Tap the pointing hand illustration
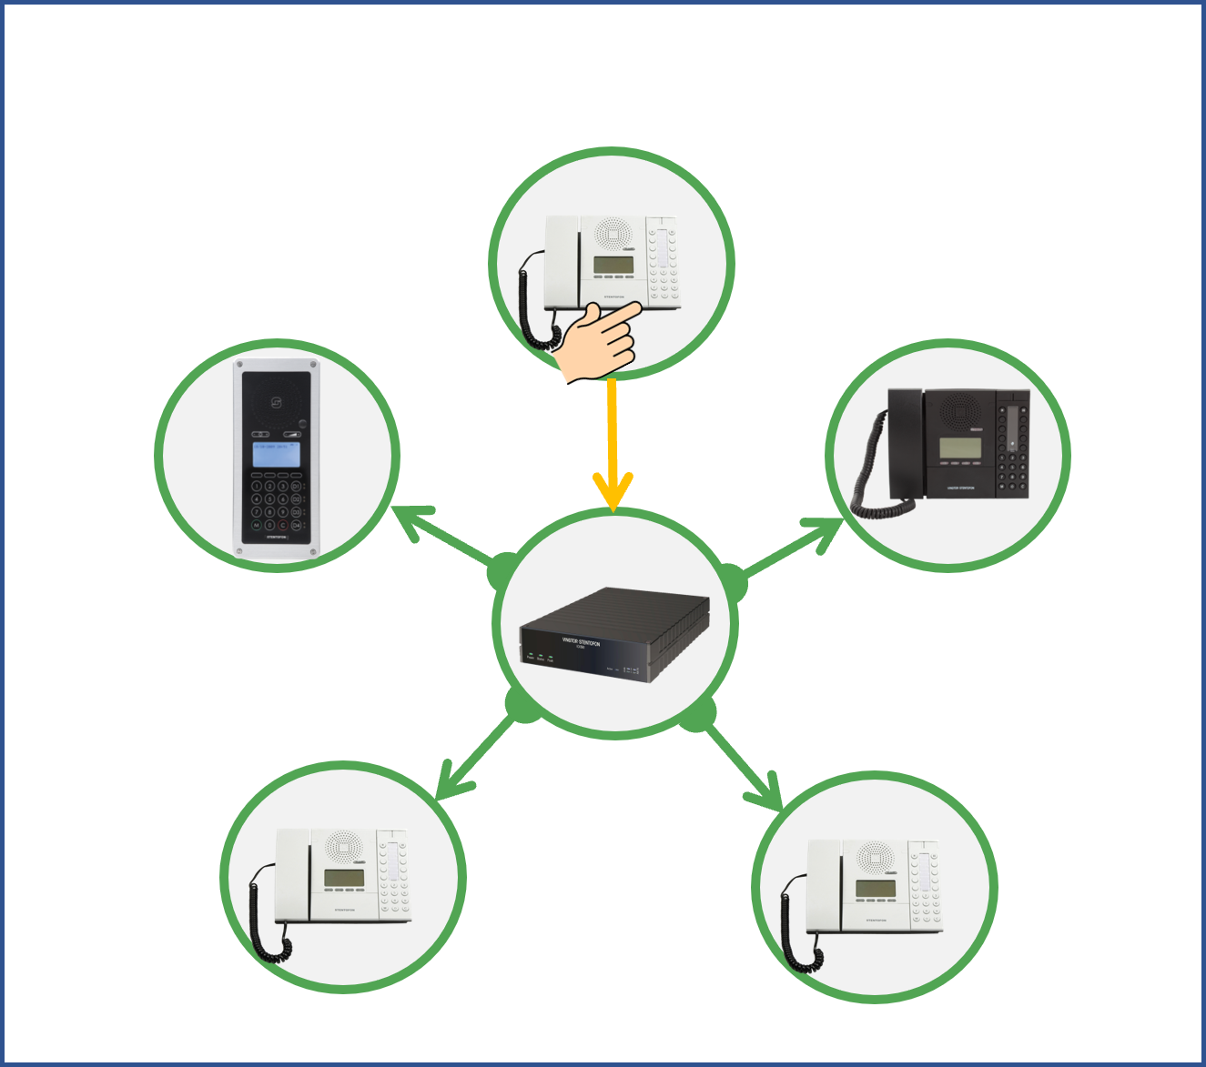(x=599, y=345)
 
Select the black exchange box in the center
(x=614, y=634)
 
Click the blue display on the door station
(x=277, y=454)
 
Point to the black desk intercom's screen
(x=959, y=448)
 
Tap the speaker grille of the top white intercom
(x=613, y=235)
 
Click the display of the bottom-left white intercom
(x=344, y=878)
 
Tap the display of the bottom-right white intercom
(x=875, y=888)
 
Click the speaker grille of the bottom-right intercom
(x=875, y=857)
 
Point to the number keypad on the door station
(x=277, y=506)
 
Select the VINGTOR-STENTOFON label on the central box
(x=582, y=642)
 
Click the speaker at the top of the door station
(x=276, y=401)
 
